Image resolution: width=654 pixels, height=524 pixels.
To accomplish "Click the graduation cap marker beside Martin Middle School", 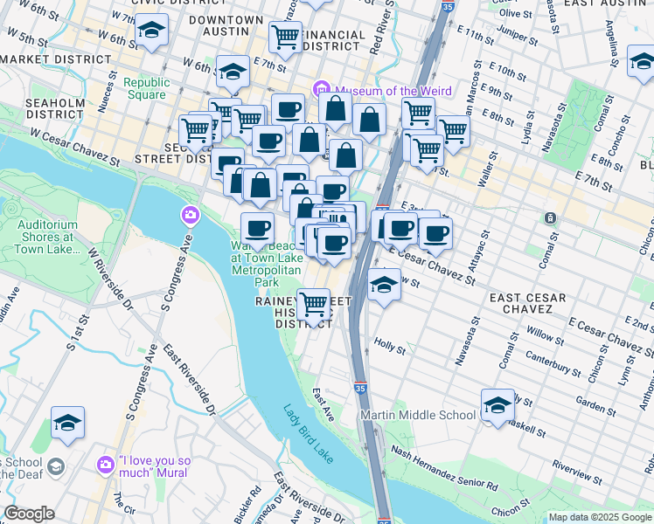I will tap(497, 405).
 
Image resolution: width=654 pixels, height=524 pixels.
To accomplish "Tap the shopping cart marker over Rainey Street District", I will tap(314, 305).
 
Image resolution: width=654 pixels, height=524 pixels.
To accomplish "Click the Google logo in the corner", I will tap(30, 514).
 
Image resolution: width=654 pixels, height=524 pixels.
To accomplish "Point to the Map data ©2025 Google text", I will tap(600, 517).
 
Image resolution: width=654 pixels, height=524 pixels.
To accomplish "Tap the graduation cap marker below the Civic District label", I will tap(151, 31).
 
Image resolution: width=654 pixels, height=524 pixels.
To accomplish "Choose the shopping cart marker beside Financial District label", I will tap(285, 37).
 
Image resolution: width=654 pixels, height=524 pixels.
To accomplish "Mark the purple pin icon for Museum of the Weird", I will tap(321, 89).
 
